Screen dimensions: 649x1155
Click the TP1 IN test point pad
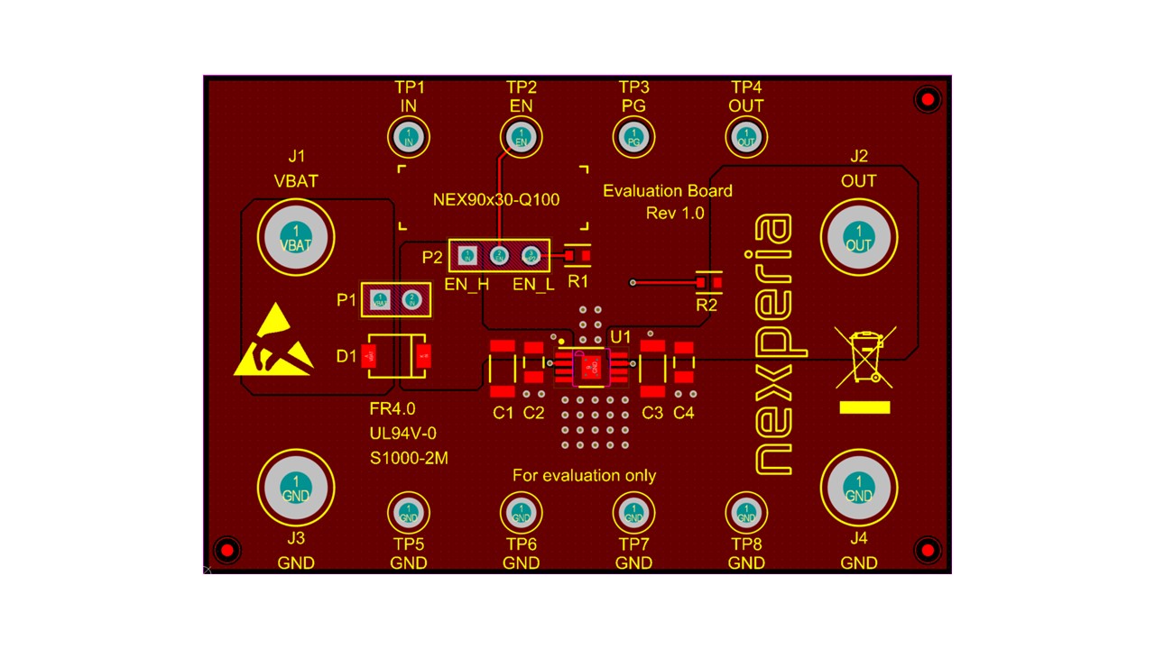(x=409, y=138)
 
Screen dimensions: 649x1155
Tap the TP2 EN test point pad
(x=521, y=138)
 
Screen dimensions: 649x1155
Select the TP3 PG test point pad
(x=633, y=138)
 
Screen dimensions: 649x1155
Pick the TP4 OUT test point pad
(x=746, y=138)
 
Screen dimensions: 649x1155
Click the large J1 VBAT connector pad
(x=296, y=238)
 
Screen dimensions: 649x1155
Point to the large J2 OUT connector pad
(x=858, y=237)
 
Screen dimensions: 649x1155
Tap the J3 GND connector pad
(x=296, y=487)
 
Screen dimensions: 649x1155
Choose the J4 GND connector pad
(x=858, y=487)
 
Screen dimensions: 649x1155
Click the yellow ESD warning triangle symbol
(x=273, y=343)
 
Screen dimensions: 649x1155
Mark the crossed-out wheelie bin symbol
(x=864, y=354)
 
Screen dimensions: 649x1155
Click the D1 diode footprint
(x=395, y=357)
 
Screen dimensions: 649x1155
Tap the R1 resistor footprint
(x=577, y=256)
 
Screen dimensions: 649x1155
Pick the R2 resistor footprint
(x=708, y=283)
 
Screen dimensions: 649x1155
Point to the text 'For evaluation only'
(x=584, y=475)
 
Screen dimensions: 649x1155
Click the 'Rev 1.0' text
(x=675, y=213)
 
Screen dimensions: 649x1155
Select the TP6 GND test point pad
(x=521, y=513)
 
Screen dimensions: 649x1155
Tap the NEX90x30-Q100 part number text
(x=496, y=199)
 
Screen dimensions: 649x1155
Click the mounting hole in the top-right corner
(x=928, y=99)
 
